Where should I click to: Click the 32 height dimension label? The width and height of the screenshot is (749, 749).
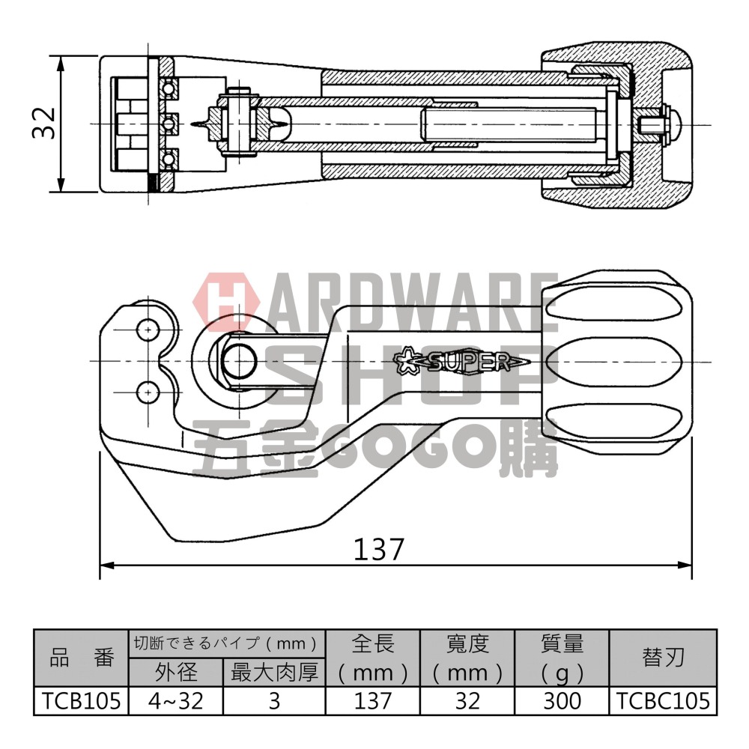(43, 123)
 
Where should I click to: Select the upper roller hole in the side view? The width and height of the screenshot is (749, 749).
(148, 330)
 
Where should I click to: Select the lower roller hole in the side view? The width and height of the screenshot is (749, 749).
(148, 390)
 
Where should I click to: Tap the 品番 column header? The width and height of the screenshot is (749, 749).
(81, 658)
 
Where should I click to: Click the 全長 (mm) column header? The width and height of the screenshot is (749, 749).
(372, 658)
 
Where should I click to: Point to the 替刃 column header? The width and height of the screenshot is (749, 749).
(662, 658)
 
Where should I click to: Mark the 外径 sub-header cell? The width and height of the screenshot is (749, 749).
(176, 673)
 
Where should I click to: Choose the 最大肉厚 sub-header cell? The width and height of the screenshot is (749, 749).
(274, 673)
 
